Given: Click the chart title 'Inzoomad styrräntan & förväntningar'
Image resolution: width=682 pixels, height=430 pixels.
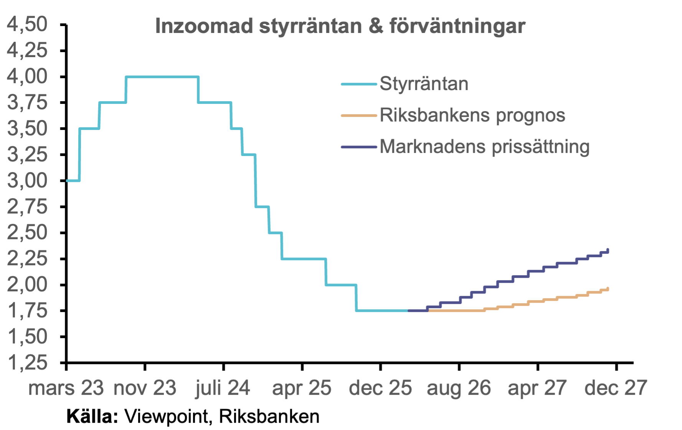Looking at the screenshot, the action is [x=340, y=26].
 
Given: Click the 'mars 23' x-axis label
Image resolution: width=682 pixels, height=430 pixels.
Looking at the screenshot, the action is [x=66, y=388].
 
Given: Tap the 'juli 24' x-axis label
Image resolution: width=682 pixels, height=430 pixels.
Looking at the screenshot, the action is [x=222, y=388].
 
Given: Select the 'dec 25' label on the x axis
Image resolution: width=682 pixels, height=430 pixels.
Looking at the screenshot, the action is [x=380, y=388].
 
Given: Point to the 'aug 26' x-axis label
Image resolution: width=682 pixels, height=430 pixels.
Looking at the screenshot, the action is [x=459, y=388].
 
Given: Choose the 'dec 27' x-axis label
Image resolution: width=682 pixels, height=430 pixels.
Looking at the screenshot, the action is [x=616, y=388].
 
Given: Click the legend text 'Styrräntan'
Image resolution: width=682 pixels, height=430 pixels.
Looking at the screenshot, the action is [x=424, y=84].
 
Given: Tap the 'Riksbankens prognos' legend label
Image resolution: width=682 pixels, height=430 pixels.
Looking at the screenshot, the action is [x=472, y=115].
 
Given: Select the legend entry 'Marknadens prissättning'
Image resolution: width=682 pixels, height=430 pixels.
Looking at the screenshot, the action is [x=484, y=146].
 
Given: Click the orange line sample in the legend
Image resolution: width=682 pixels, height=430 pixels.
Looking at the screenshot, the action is [x=359, y=115].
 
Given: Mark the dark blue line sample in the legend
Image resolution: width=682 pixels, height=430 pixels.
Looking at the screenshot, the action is [x=359, y=147].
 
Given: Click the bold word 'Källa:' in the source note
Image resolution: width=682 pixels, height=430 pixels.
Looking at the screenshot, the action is [x=92, y=417].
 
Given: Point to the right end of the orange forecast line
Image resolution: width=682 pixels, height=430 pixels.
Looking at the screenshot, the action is [x=608, y=288].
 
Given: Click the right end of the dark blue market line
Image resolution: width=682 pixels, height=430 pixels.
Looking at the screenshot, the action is [x=608, y=249].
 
